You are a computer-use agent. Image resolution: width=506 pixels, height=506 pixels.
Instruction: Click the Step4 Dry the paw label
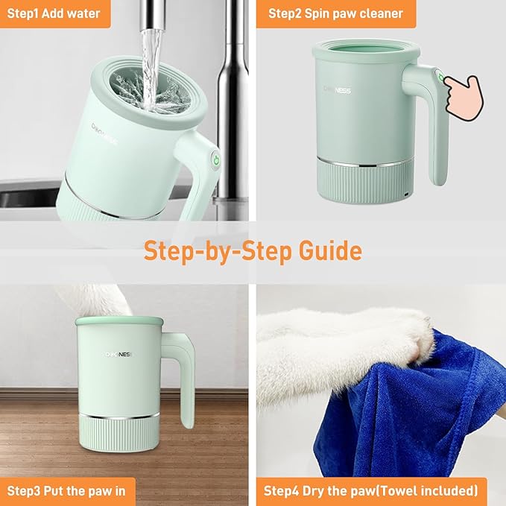tap(370, 491)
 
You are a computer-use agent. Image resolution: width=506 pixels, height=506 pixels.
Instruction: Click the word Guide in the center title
tap(325, 250)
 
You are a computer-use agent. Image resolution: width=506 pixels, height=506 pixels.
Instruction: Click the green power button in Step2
tap(440, 78)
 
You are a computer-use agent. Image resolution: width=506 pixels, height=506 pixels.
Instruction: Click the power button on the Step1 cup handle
tap(215, 160)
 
